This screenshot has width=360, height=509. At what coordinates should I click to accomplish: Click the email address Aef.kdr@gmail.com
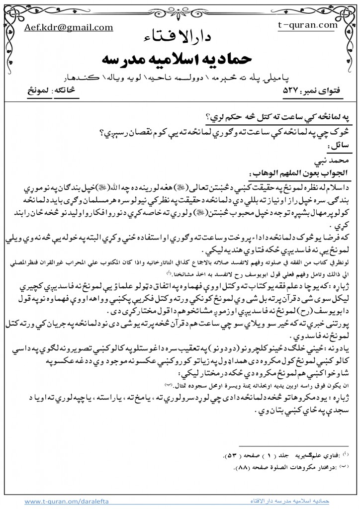click(55, 29)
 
